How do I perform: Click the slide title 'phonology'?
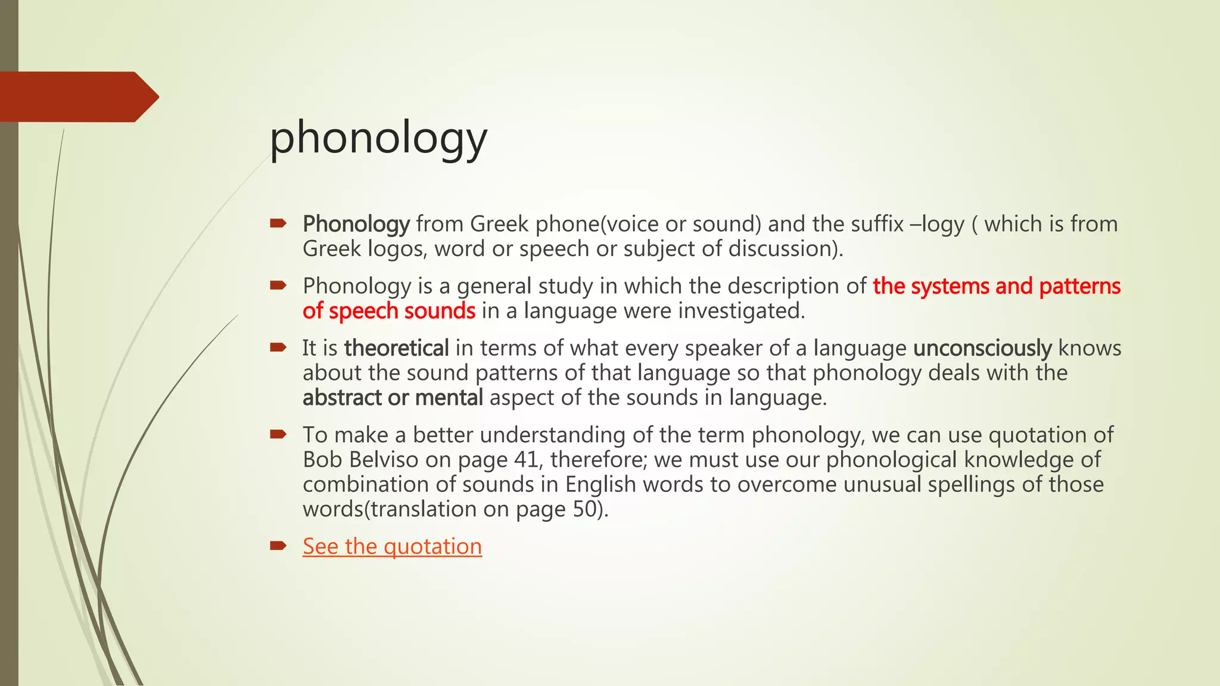tap(378, 138)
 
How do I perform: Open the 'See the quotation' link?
tap(392, 546)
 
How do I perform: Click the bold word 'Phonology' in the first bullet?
tap(356, 224)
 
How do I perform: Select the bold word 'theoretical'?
tap(396, 348)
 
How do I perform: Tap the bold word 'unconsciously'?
tap(982, 348)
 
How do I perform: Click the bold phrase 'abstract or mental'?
tap(393, 397)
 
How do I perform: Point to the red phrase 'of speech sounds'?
tap(388, 311)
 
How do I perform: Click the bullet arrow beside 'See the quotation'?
tap(278, 545)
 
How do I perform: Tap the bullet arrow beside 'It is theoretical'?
tap(278, 347)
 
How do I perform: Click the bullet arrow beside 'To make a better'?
tap(278, 434)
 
